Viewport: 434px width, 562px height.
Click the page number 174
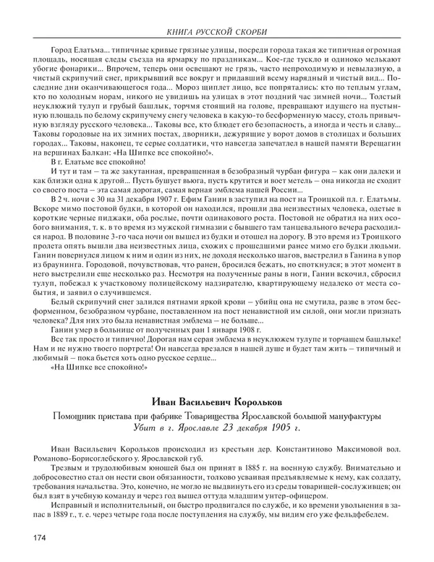(x=38, y=537)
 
